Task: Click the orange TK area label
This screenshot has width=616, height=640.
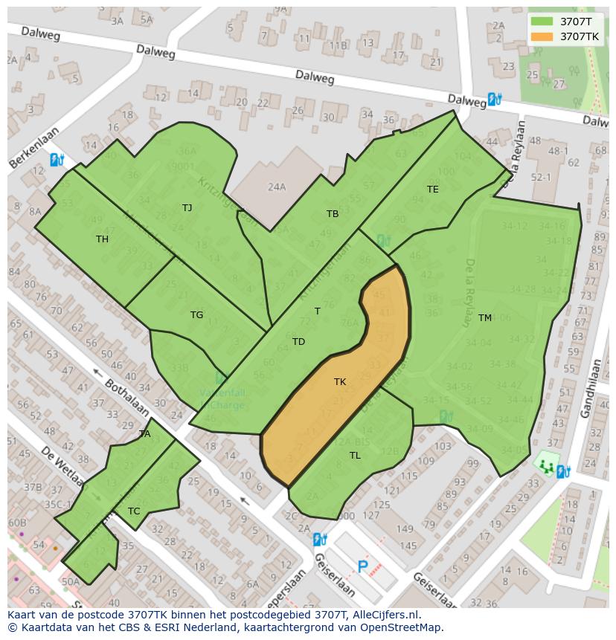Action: point(340,382)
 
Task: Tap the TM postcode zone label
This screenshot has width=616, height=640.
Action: point(485,318)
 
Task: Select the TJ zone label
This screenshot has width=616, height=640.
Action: point(187,208)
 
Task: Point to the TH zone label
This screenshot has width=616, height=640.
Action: point(102,239)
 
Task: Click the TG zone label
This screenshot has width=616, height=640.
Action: point(196,315)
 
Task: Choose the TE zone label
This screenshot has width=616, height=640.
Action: point(433,190)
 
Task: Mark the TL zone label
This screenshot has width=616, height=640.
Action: point(355,456)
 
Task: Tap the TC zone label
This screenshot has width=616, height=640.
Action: point(134,511)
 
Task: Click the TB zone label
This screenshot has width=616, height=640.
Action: point(333,214)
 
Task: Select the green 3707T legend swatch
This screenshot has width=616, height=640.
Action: point(542,22)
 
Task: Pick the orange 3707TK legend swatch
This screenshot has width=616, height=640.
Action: point(542,36)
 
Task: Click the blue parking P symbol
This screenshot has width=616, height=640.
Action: point(363,567)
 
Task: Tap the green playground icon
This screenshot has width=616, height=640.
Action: point(547,467)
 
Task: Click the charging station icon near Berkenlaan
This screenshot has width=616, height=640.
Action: point(57,160)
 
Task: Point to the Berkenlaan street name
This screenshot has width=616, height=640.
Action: point(33,152)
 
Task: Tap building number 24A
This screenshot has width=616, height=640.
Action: point(277,187)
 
